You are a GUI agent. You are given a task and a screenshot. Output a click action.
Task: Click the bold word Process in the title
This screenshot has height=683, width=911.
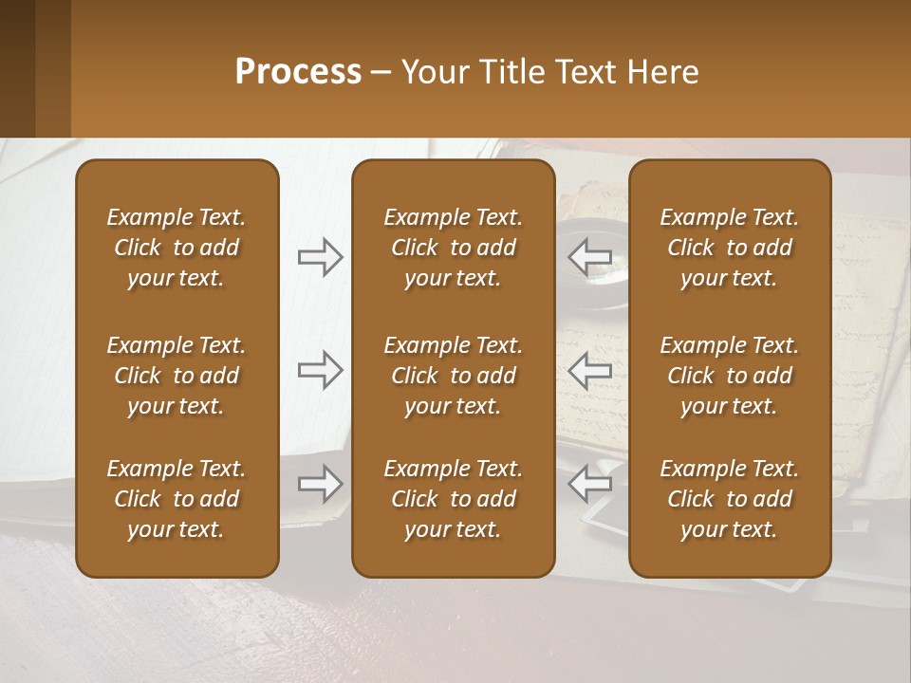[x=298, y=72]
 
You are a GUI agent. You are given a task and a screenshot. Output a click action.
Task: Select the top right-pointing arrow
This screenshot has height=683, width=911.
[x=320, y=257]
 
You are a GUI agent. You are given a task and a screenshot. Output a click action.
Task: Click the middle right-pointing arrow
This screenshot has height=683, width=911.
[x=320, y=370]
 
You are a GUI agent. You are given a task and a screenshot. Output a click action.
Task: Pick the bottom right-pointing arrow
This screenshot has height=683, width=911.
[x=320, y=484]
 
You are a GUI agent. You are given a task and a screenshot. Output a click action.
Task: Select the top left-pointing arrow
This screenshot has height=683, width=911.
[x=590, y=257]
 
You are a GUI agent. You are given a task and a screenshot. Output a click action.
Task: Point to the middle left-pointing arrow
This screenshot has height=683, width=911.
[x=590, y=370]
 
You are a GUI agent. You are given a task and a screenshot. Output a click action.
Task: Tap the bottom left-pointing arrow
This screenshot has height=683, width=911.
[x=590, y=484]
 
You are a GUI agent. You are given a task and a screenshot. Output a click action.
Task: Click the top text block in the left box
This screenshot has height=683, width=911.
[x=177, y=248]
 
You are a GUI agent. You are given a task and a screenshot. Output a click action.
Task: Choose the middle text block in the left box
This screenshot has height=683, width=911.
[x=177, y=376]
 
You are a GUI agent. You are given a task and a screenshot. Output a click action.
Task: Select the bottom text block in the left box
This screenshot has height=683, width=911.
[x=177, y=499]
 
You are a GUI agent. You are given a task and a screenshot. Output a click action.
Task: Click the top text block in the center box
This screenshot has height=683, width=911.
[x=453, y=248]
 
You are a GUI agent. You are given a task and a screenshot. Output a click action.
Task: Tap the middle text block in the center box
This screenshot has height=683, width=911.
[x=453, y=376]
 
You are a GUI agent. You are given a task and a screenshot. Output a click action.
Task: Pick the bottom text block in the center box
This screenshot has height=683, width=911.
[x=453, y=499]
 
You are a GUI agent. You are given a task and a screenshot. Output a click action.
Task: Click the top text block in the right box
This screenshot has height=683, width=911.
[x=730, y=248]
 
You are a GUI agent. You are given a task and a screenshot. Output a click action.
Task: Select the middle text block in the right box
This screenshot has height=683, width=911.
[x=730, y=376]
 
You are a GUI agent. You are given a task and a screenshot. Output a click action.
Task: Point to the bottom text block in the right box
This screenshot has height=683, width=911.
[x=730, y=499]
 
